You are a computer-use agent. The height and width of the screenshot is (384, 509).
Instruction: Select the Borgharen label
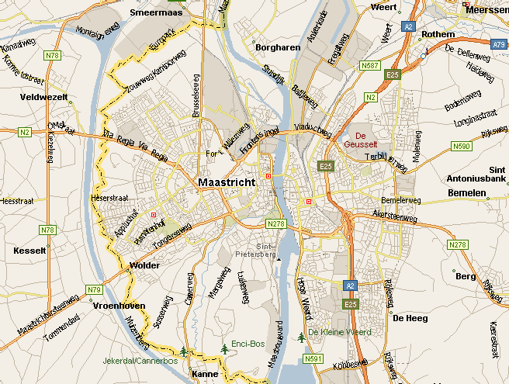pos(276,47)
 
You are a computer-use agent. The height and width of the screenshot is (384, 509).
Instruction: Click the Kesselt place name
pos(30,251)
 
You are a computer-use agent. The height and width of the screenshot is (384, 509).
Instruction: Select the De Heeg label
pos(409,318)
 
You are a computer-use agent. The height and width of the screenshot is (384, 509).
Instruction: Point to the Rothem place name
pos(439,35)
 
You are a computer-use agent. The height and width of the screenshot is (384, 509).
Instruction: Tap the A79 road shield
pos(499,45)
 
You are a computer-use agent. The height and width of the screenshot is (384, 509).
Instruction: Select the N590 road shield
pos(461,146)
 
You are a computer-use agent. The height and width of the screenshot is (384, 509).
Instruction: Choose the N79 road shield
pos(95,289)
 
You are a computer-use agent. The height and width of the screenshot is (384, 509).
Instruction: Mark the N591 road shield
pos(313,358)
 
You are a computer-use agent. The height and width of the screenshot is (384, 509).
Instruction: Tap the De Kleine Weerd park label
pos(339,332)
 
